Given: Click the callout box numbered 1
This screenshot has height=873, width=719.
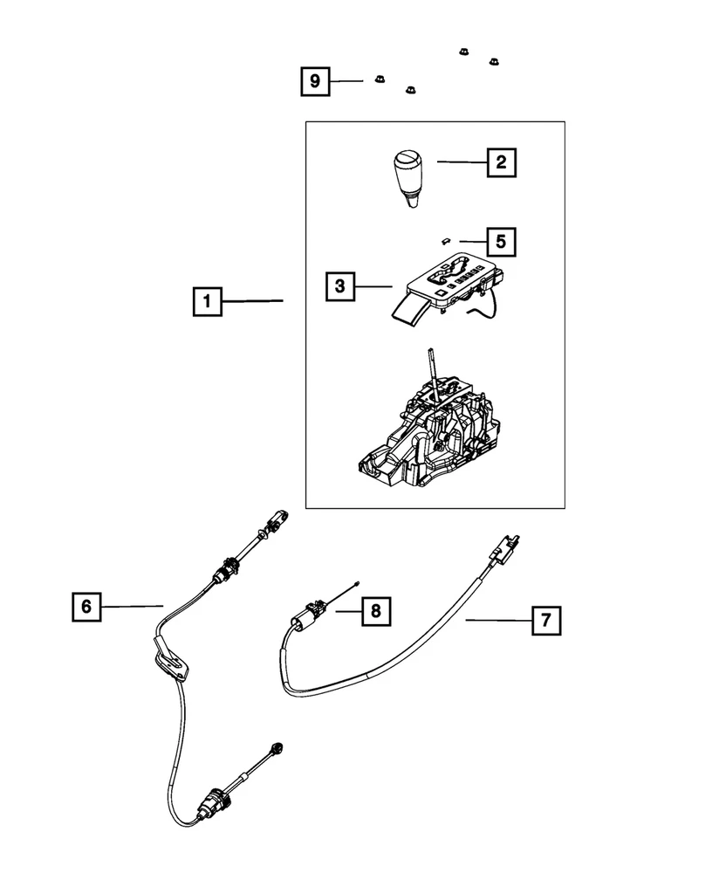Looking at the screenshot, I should point(208,303).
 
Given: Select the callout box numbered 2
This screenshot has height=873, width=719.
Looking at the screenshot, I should point(500,162).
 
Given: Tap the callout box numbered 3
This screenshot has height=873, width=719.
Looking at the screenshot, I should point(340,285).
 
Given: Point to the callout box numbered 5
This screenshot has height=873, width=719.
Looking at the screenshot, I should point(500,240).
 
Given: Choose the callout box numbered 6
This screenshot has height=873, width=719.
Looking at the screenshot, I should point(86,606).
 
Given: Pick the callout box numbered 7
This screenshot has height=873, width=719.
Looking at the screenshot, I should point(545,621).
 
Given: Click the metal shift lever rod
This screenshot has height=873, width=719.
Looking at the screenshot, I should point(432,371).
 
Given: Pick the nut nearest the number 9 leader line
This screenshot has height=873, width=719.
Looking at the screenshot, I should point(380,79).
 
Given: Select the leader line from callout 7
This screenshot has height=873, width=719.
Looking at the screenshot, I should point(497,620).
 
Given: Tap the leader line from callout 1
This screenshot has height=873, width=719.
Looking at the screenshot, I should point(253,301).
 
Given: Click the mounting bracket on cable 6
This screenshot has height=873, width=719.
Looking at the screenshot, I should point(173,659).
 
